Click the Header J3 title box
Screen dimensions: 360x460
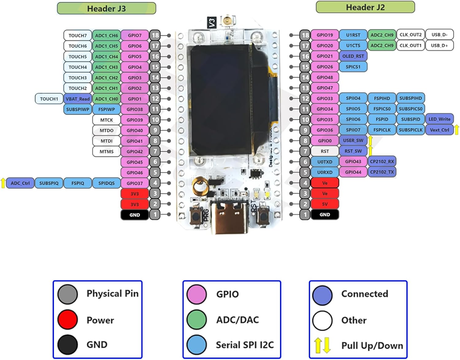pyautogui.click(x=106, y=9)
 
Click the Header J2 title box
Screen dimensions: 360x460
pyautogui.click(x=365, y=7)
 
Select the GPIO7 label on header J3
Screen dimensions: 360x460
pyautogui.click(x=135, y=35)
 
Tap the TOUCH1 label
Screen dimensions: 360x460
pyautogui.click(x=49, y=99)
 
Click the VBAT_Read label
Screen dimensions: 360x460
pyautogui.click(x=78, y=99)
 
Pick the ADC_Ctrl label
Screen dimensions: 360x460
pyautogui.click(x=20, y=183)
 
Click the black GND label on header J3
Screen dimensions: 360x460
pyautogui.click(x=135, y=215)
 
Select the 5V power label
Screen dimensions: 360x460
pyautogui.click(x=325, y=204)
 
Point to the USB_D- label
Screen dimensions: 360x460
pyautogui.click(x=439, y=35)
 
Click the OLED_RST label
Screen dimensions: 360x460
pyautogui.click(x=353, y=56)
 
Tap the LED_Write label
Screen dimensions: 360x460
pyautogui.click(x=439, y=119)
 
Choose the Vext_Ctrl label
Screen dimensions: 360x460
pyautogui.click(x=439, y=130)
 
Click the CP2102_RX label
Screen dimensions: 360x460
pyautogui.click(x=382, y=161)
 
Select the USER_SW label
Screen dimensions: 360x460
pyautogui.click(x=353, y=140)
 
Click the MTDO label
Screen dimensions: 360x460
pyautogui.click(x=106, y=130)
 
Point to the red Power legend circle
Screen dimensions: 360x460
pyautogui.click(x=67, y=320)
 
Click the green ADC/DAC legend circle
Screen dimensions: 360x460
pyautogui.click(x=197, y=320)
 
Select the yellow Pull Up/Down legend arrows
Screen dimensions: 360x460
pyautogui.click(x=322, y=345)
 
